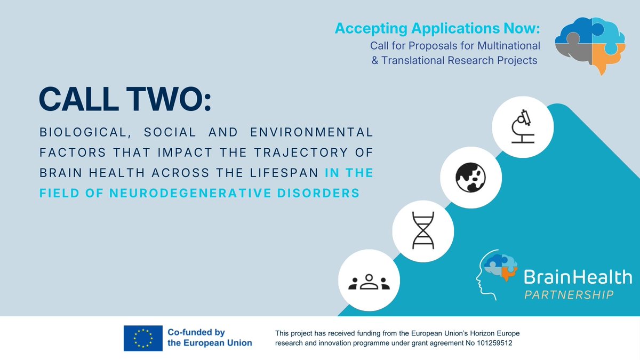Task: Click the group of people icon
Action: coord(369,282)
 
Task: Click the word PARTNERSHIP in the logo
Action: coord(569,294)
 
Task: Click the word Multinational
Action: coord(506,46)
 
